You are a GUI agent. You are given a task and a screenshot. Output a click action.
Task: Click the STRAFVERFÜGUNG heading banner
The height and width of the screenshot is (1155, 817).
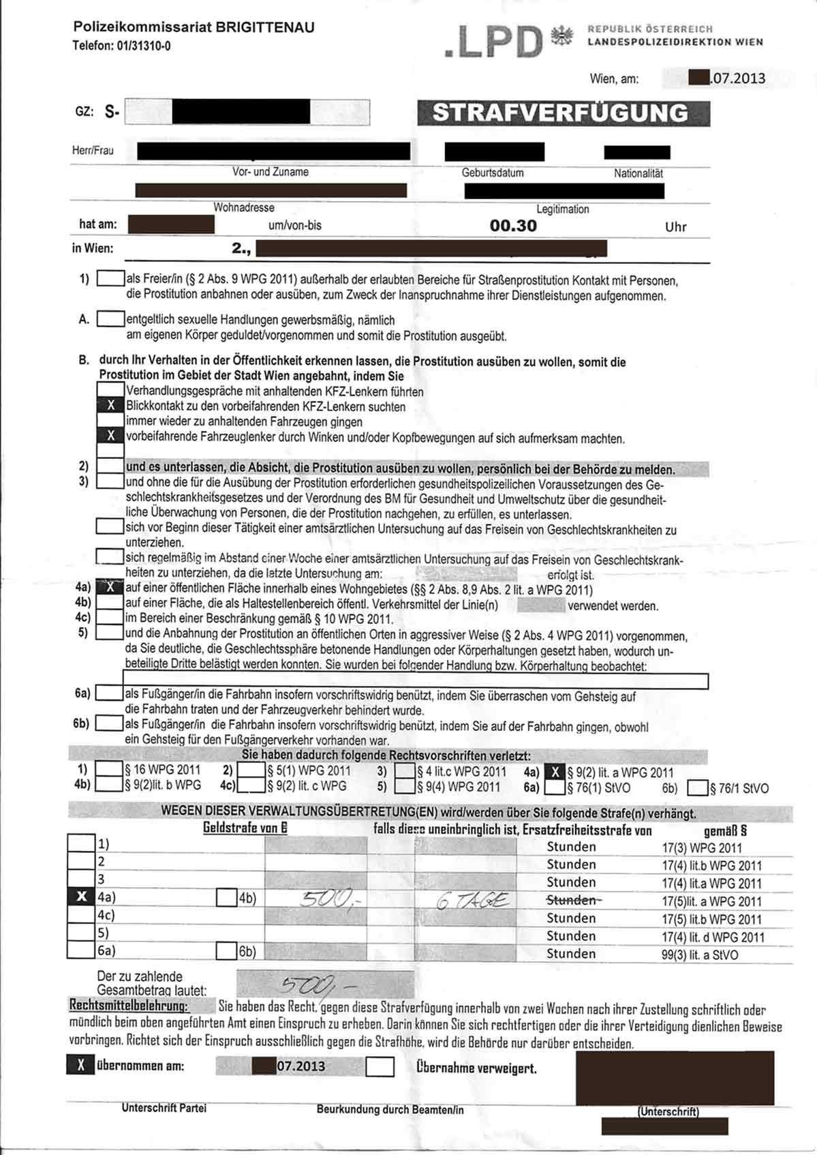coord(563,113)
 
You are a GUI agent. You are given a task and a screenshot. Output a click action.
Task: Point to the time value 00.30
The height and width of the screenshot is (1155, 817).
coord(513,226)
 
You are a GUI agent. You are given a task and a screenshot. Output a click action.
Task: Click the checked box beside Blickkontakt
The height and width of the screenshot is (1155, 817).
coord(110,407)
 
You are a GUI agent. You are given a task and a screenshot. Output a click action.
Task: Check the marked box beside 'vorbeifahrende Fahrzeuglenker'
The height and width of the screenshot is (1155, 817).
coord(110,436)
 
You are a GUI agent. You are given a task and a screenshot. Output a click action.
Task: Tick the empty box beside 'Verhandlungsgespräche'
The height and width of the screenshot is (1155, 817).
coord(110,391)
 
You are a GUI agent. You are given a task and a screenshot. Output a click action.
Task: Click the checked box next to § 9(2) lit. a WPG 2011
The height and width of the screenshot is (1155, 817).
coord(557,772)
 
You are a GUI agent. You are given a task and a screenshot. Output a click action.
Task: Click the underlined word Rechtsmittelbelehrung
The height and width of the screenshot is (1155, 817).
coord(129,1006)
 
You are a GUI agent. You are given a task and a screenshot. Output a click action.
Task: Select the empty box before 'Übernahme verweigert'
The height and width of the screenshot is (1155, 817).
coord(380,1066)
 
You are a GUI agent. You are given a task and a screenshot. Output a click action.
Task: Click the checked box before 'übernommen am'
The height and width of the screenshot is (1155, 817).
coord(80,1065)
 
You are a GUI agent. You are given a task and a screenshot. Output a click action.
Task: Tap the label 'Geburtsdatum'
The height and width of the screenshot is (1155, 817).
coord(493,172)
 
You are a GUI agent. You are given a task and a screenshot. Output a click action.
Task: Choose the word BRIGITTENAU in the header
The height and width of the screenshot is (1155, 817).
coord(265,29)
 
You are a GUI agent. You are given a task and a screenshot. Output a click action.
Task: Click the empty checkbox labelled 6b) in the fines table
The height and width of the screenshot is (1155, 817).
coord(226,951)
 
